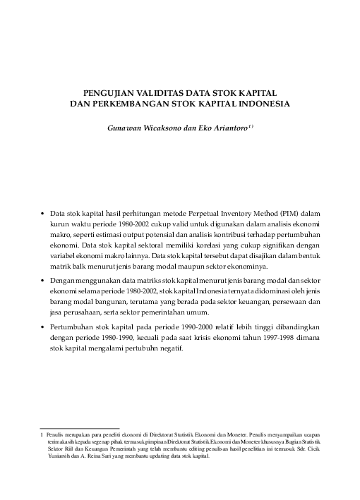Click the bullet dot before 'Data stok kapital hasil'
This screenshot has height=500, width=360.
point(43,212)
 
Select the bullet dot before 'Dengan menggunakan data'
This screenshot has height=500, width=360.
point(43,281)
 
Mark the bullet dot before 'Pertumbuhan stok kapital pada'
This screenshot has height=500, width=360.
point(43,328)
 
